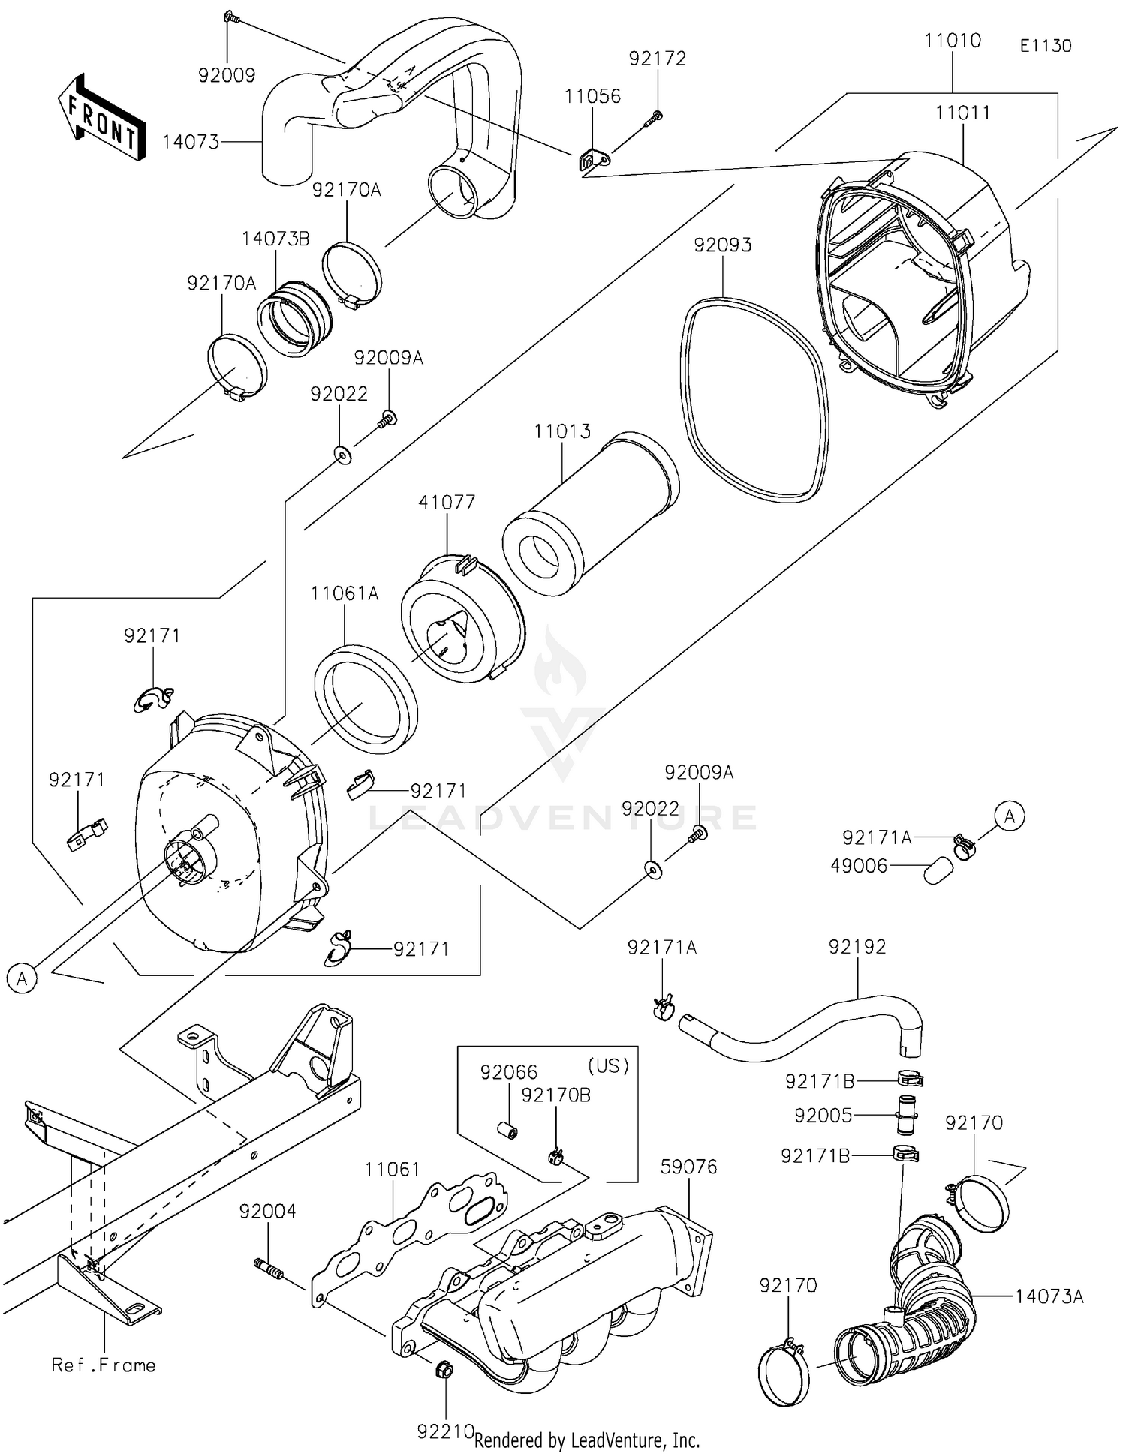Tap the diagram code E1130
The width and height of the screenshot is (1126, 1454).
1045,46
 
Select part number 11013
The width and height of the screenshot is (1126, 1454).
562,431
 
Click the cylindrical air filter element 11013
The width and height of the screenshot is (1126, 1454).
591,515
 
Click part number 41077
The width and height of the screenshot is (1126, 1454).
447,502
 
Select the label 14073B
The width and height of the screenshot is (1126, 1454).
275,239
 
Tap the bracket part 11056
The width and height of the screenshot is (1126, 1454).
595,161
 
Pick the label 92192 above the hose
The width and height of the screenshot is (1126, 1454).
857,946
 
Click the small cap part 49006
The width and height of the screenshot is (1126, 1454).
938,872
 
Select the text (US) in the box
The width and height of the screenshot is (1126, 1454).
607,1066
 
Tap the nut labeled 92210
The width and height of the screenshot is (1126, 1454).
444,1371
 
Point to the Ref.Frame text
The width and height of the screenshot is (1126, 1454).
104,1365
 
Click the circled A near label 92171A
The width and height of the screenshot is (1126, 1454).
1010,816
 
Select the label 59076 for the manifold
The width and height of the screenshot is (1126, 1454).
688,1167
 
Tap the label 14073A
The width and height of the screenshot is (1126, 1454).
1049,1296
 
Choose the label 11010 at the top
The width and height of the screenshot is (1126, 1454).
953,41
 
